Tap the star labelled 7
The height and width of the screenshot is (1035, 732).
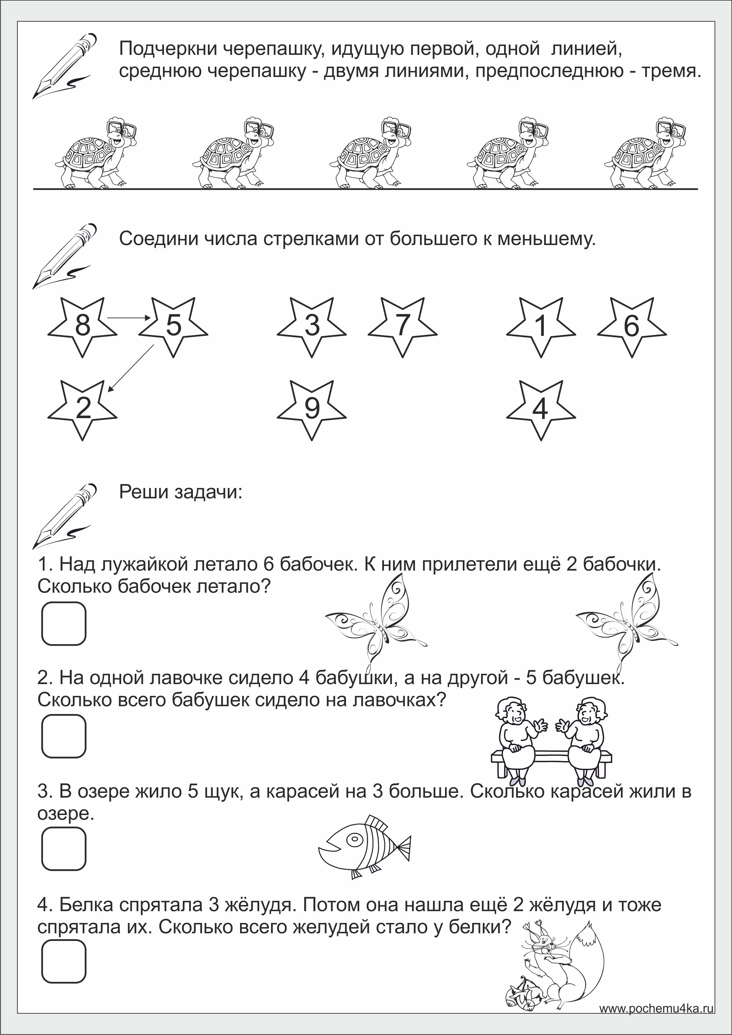click(403, 326)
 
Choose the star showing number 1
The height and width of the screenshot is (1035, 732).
click(541, 326)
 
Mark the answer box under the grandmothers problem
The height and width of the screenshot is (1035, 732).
click(63, 736)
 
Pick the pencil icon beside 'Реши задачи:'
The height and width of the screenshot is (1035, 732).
click(65, 516)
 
